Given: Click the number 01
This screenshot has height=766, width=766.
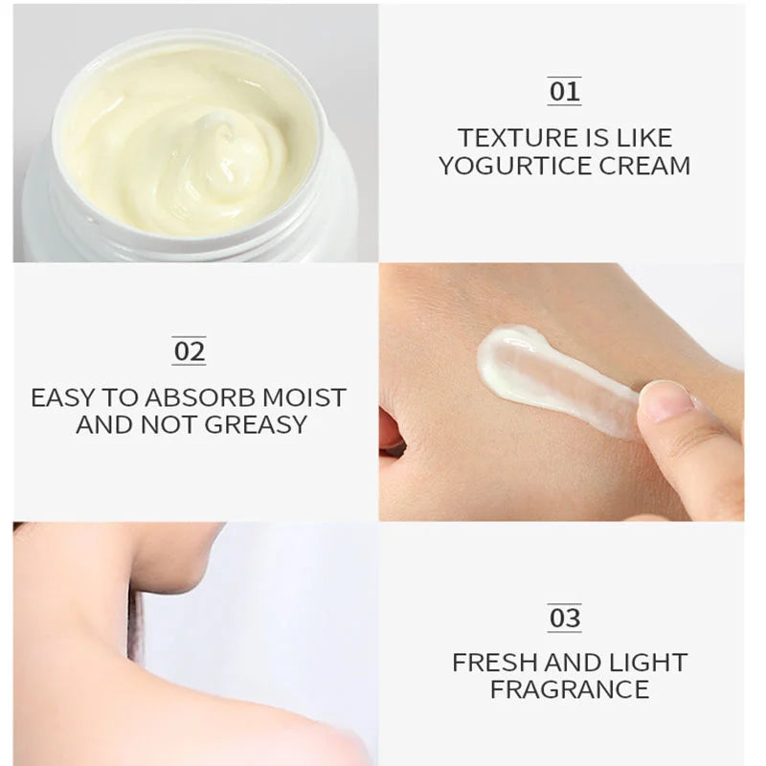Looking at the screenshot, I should click(564, 92).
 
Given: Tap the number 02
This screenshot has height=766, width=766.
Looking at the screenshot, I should click(189, 351).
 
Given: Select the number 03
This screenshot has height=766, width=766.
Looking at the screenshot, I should click(564, 619).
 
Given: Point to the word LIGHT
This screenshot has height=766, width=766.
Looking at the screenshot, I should click(649, 662).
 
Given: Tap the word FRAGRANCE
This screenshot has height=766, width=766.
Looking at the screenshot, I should click(569, 688).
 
